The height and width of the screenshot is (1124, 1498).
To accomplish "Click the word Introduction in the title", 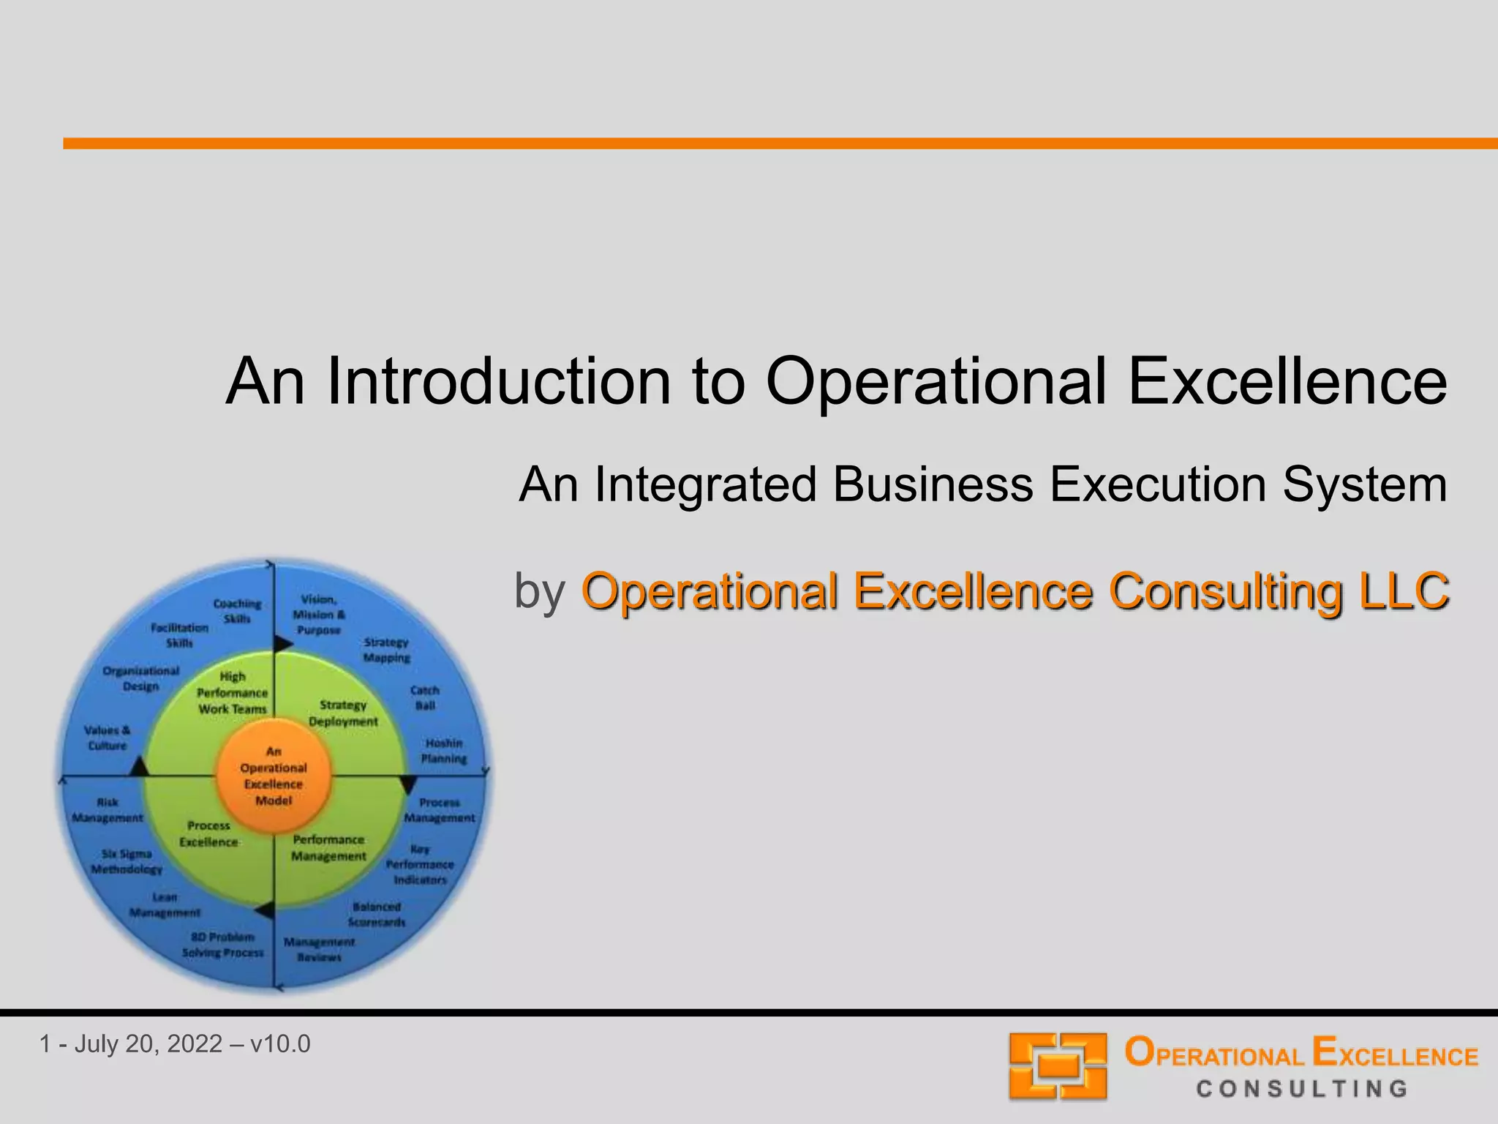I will pos(498,381).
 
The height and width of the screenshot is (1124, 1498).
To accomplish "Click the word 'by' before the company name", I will pos(540,591).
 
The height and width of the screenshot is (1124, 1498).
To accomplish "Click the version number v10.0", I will pos(280,1044).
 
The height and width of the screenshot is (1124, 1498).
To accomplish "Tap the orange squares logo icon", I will pos(1058,1065).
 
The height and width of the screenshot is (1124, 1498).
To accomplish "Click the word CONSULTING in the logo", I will pos(1302,1089).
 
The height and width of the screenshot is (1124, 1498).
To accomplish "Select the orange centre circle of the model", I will pos(274,776).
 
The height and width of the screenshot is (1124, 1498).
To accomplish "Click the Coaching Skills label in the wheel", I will pos(237,611).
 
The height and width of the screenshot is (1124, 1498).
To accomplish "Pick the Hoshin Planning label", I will pos(444,751).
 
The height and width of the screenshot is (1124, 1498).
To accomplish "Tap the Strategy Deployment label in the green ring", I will pos(343,713).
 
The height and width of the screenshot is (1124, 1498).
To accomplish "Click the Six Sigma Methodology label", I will pos(127,861).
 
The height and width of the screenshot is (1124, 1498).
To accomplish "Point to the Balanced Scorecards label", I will pos(377,914).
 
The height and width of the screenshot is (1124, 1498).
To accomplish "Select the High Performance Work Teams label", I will pos(233,692).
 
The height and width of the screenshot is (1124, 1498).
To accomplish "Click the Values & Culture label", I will pos(108,738).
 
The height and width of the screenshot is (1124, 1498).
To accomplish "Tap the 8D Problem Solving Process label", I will pos(222,945).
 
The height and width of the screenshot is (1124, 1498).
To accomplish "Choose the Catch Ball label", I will pos(425,697).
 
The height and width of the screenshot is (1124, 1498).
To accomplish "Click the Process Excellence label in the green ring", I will pos(208,833).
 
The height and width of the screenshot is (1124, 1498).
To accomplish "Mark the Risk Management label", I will pos(108,810).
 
